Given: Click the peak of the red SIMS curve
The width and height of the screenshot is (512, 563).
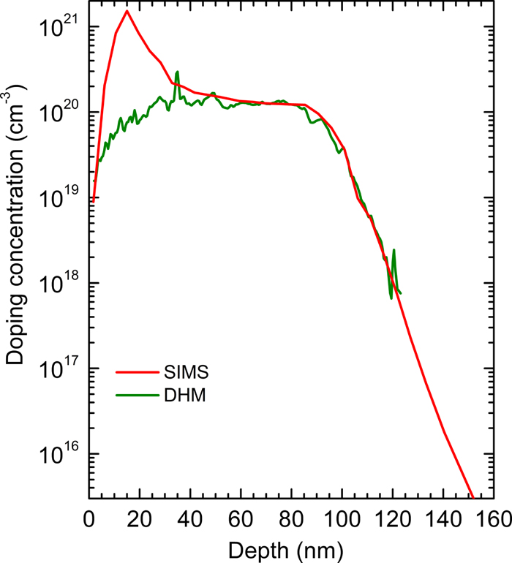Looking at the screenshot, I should pyautogui.click(x=127, y=11).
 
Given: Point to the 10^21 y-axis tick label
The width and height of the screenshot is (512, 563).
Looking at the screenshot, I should pyautogui.click(x=55, y=30).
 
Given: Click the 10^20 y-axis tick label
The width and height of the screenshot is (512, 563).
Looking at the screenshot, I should pyautogui.click(x=55, y=115).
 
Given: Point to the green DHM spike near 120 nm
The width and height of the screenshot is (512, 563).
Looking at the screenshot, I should pyautogui.click(x=394, y=250).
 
